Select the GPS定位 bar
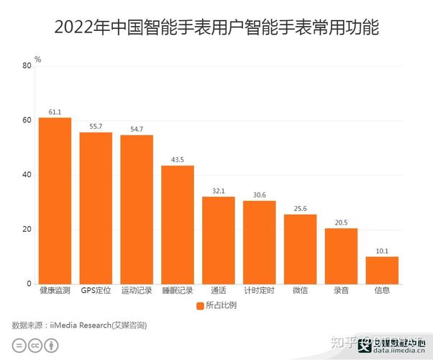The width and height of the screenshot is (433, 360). pyautogui.click(x=96, y=208)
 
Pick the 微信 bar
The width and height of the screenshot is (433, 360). pyautogui.click(x=300, y=249)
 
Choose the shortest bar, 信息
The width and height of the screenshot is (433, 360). pyautogui.click(x=382, y=270)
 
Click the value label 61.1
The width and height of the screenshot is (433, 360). pyautogui.click(x=55, y=112)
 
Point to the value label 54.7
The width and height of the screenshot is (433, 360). pyautogui.click(x=137, y=130)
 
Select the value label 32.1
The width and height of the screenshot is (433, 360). pyautogui.click(x=219, y=191)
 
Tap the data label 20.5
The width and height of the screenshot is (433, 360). pyautogui.click(x=341, y=222)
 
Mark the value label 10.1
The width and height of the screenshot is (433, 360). pyautogui.click(x=382, y=251)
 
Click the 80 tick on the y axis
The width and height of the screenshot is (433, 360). pyautogui.click(x=27, y=66)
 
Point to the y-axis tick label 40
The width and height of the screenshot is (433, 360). pyautogui.click(x=27, y=175)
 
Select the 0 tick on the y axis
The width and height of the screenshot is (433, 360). pyautogui.click(x=29, y=284)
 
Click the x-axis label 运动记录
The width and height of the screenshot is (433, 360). pyautogui.click(x=137, y=292)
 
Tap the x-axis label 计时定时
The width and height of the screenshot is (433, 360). pyautogui.click(x=259, y=292)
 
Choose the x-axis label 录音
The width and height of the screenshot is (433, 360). pyautogui.click(x=341, y=292)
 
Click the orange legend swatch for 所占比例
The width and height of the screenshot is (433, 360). pyautogui.click(x=200, y=306)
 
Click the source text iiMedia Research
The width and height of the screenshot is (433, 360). pyautogui.click(x=80, y=325)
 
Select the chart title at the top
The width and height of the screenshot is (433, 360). pyautogui.click(x=216, y=29)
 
